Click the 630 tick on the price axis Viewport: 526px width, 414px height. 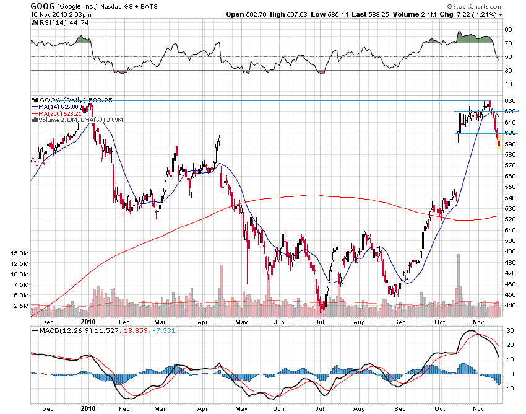point(510,100)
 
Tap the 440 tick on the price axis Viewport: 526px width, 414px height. point(510,305)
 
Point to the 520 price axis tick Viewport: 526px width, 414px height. point(510,219)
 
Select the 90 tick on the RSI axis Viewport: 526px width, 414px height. point(507,29)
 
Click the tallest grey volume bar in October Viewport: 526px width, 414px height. point(459,279)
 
